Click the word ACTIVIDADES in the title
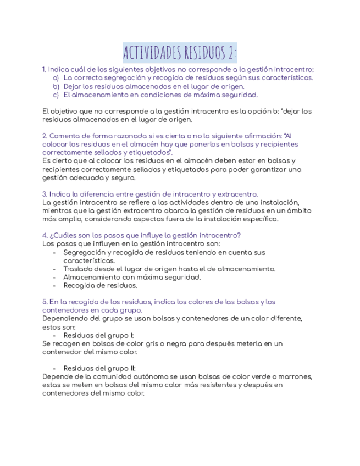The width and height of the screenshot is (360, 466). (151, 53)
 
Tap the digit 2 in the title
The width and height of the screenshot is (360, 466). (230, 53)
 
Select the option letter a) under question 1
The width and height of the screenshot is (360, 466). (56, 78)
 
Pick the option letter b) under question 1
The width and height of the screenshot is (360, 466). (56, 86)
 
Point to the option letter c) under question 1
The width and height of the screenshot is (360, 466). (56, 95)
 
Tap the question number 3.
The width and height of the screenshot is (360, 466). (44, 194)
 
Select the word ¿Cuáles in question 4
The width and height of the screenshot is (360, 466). (61, 235)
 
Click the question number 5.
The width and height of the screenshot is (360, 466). (44, 302)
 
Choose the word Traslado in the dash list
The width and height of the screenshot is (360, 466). (77, 269)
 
